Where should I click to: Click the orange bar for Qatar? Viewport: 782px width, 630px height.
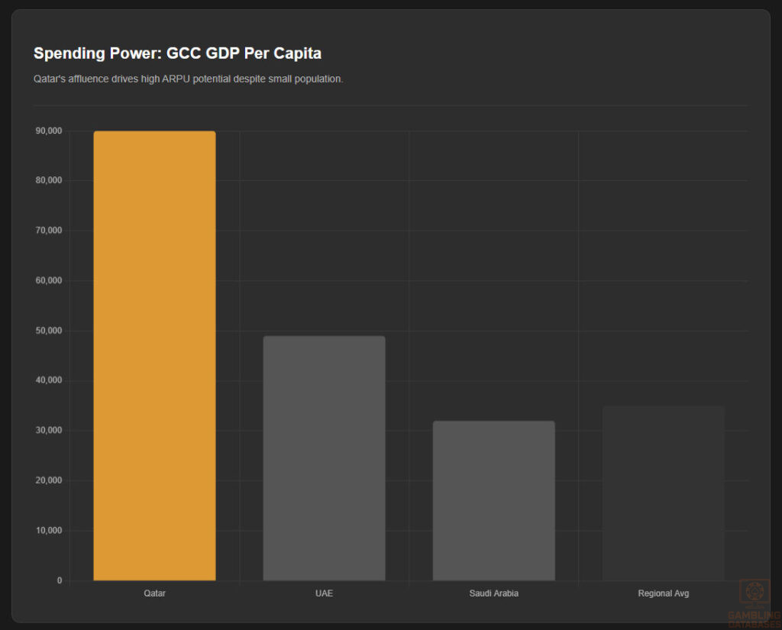[x=154, y=356]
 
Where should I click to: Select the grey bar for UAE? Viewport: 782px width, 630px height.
[x=324, y=458]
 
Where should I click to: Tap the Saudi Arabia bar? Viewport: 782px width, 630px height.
[x=493, y=501]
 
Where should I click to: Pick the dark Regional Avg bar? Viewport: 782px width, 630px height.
[x=663, y=493]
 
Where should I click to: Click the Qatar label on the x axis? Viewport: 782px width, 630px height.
[x=154, y=593]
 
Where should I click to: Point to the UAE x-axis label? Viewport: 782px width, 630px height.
[x=324, y=593]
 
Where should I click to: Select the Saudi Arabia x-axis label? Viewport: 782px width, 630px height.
[x=493, y=593]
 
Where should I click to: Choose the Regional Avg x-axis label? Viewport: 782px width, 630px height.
[x=663, y=593]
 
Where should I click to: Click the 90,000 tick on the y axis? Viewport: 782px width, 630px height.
[x=48, y=131]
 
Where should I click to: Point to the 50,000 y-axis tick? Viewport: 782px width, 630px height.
[x=48, y=331]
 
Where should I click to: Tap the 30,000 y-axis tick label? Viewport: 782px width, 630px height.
[x=48, y=431]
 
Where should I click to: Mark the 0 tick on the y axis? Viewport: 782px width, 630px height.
[x=59, y=580]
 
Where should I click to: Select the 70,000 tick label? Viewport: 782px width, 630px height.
[x=48, y=231]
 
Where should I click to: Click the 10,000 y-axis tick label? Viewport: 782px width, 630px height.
[x=48, y=531]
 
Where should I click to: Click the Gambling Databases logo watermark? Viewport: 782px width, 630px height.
[x=754, y=603]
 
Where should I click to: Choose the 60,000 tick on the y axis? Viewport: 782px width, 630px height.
[x=48, y=280]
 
